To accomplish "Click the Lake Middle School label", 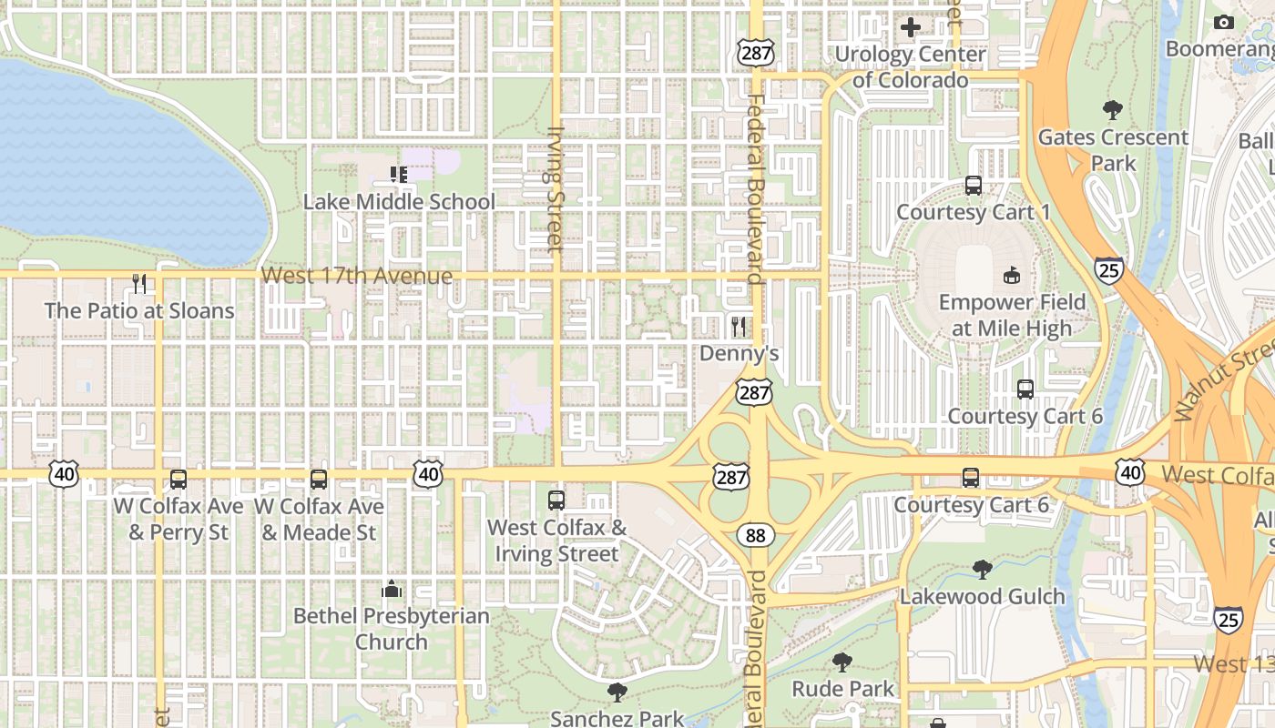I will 399,201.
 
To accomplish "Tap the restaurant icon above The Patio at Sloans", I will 139,283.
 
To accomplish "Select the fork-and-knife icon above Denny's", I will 739,325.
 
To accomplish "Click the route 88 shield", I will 756,535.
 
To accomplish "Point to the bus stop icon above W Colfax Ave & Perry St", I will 178,480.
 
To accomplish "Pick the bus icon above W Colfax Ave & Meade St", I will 319,480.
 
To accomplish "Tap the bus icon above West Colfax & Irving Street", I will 556,500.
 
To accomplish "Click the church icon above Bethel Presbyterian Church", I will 392,589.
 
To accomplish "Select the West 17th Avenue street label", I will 356,276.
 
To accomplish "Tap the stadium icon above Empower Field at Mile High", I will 1011,275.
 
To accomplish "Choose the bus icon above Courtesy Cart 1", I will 974,186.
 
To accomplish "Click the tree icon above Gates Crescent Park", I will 1112,111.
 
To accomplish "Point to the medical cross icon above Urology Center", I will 910,27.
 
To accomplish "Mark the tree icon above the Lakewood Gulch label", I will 982,570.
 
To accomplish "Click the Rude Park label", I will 843,689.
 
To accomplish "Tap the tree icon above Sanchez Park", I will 617,693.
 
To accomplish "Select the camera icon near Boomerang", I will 1224,23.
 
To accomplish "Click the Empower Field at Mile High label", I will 1012,315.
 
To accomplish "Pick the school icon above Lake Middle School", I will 398,174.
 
